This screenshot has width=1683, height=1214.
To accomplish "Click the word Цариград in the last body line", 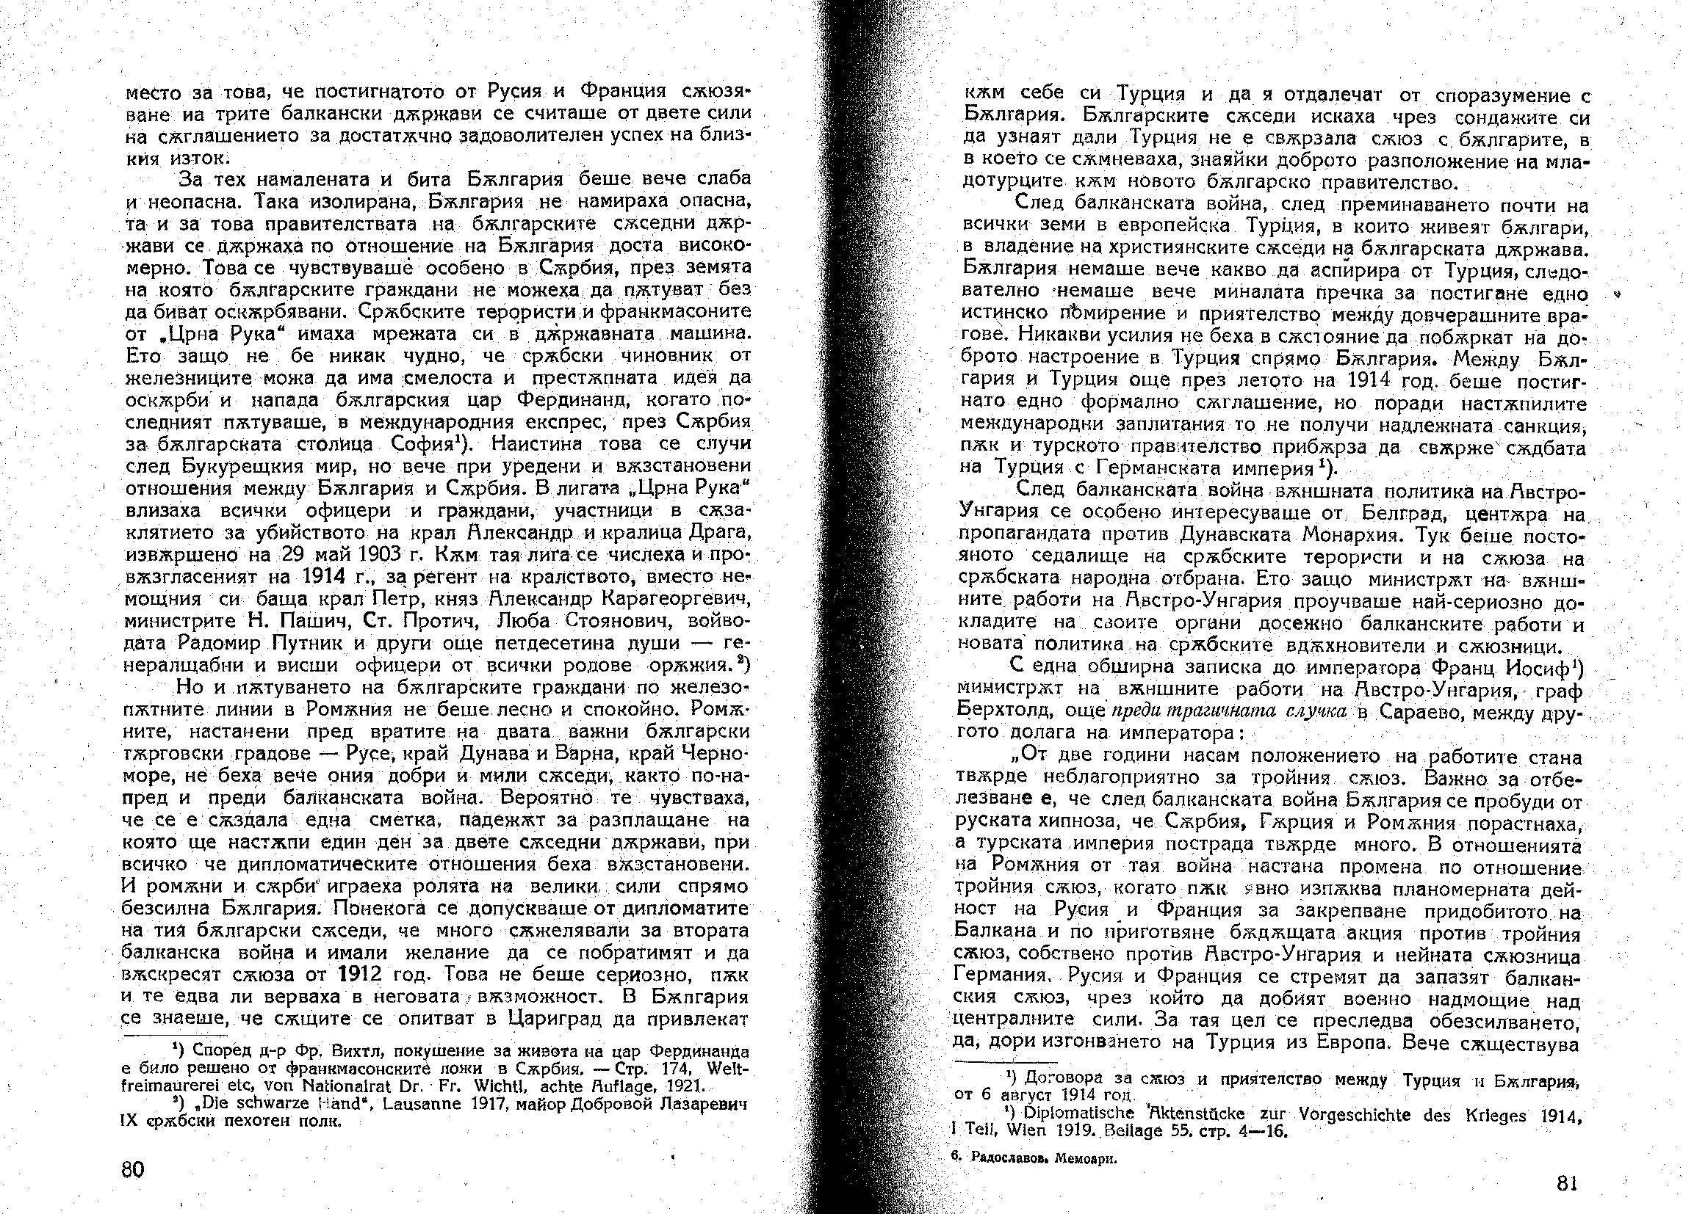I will point(554,1018).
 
